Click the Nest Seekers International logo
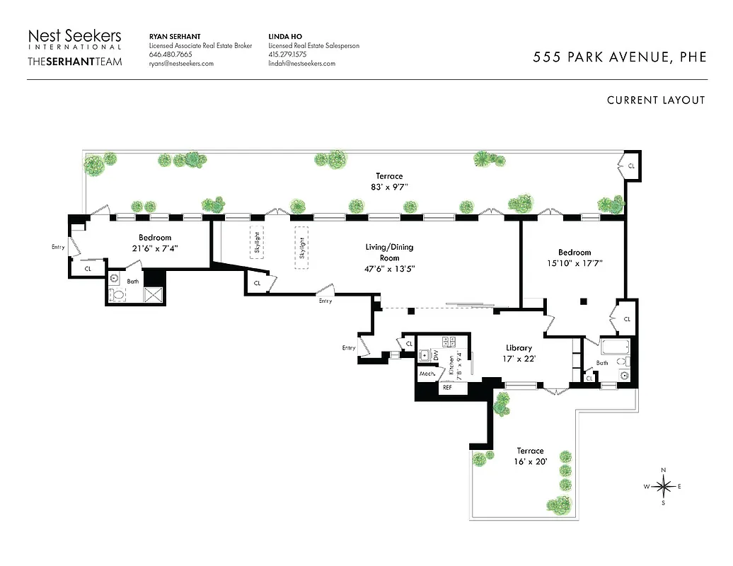(74, 40)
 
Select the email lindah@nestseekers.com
(301, 64)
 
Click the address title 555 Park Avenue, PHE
(619, 57)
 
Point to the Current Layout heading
(655, 100)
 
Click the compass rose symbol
(664, 486)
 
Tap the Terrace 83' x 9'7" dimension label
(388, 182)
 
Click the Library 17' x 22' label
(519, 353)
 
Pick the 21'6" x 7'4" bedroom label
(154, 243)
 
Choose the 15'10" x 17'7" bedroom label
(574, 258)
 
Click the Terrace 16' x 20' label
(529, 456)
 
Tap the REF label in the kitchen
(447, 388)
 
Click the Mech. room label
(427, 374)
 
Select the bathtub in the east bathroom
(613, 347)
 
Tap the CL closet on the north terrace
(630, 166)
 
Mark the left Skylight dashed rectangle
(257, 243)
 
